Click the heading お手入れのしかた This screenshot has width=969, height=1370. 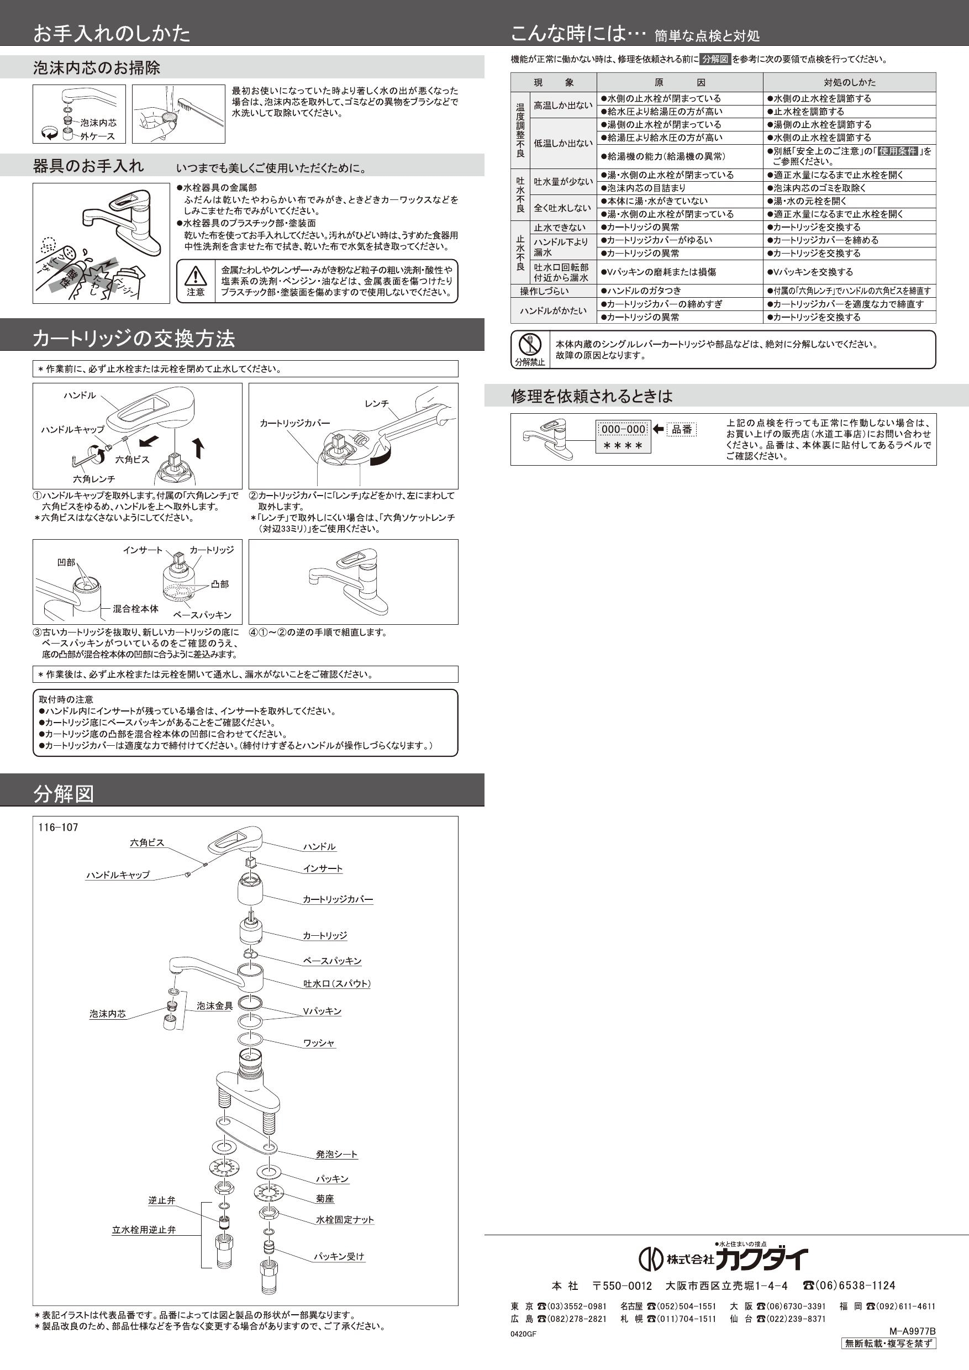[112, 33]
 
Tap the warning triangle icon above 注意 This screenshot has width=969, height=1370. [195, 276]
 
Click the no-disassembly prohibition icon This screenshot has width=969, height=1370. [529, 344]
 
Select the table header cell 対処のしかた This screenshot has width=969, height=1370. [849, 82]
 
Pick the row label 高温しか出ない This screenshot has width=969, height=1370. [562, 105]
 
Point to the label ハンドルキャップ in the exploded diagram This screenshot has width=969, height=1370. [118, 874]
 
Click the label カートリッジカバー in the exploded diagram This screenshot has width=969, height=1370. [338, 899]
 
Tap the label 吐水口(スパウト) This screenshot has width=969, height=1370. [336, 983]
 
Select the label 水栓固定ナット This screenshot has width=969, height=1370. [345, 1220]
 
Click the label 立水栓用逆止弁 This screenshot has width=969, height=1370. [144, 1230]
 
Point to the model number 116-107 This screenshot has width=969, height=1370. [58, 827]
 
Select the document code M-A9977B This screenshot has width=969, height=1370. [912, 1331]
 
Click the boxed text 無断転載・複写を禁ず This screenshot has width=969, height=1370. [888, 1343]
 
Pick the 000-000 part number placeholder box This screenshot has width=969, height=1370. [623, 429]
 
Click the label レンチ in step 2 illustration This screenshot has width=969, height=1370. [377, 404]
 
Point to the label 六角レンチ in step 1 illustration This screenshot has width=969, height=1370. [94, 478]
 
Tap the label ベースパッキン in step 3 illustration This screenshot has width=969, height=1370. [202, 615]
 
